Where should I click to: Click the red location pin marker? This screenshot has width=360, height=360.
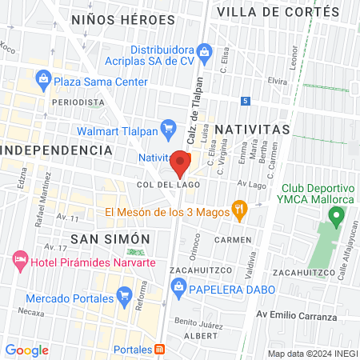[180, 164]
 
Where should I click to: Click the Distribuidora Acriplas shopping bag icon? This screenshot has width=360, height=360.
[204, 53]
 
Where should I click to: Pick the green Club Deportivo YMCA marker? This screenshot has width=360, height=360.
[337, 214]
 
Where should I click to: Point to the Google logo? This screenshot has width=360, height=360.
[26, 350]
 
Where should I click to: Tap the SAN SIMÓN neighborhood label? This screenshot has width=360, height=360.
[110, 238]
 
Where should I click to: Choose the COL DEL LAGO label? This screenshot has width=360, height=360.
[167, 184]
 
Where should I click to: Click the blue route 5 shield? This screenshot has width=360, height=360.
[245, 101]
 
